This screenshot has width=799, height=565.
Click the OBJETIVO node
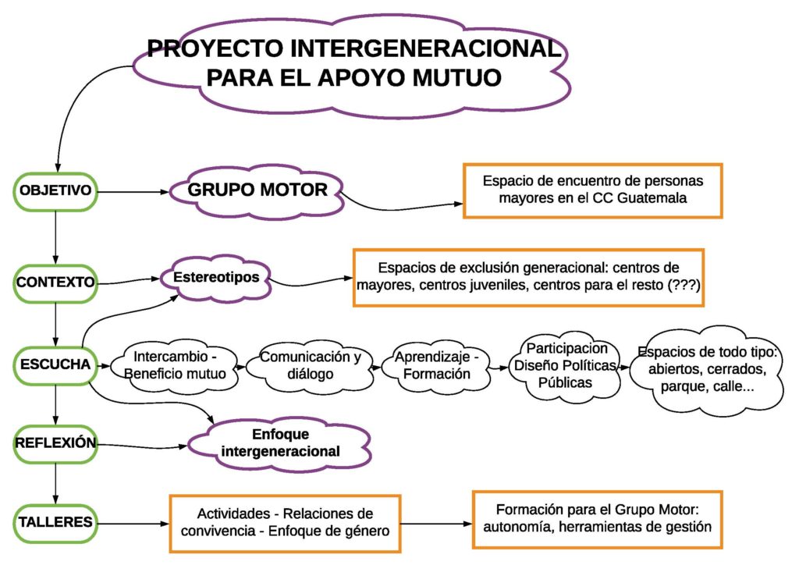(x=55, y=191)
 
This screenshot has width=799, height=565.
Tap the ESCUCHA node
(x=55, y=365)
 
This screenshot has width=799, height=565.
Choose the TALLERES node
(x=55, y=523)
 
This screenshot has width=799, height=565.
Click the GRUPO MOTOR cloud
(x=257, y=191)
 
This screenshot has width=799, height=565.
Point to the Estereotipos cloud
(x=216, y=279)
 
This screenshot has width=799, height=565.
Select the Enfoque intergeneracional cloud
(x=280, y=444)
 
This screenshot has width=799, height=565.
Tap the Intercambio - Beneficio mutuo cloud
(x=175, y=365)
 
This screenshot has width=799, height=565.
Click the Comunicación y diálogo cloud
(x=311, y=365)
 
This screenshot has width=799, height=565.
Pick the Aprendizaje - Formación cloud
(x=436, y=365)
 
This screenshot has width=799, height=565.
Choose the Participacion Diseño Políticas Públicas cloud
(x=566, y=366)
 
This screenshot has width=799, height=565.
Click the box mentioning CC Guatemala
(x=593, y=191)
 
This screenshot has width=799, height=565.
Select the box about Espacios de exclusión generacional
(x=528, y=278)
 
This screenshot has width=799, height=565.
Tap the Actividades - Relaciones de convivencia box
(x=285, y=523)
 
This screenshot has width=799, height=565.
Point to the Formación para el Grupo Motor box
(x=597, y=520)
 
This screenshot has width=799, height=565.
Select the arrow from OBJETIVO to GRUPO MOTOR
(x=133, y=192)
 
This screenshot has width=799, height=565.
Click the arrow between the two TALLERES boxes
(x=437, y=523)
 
